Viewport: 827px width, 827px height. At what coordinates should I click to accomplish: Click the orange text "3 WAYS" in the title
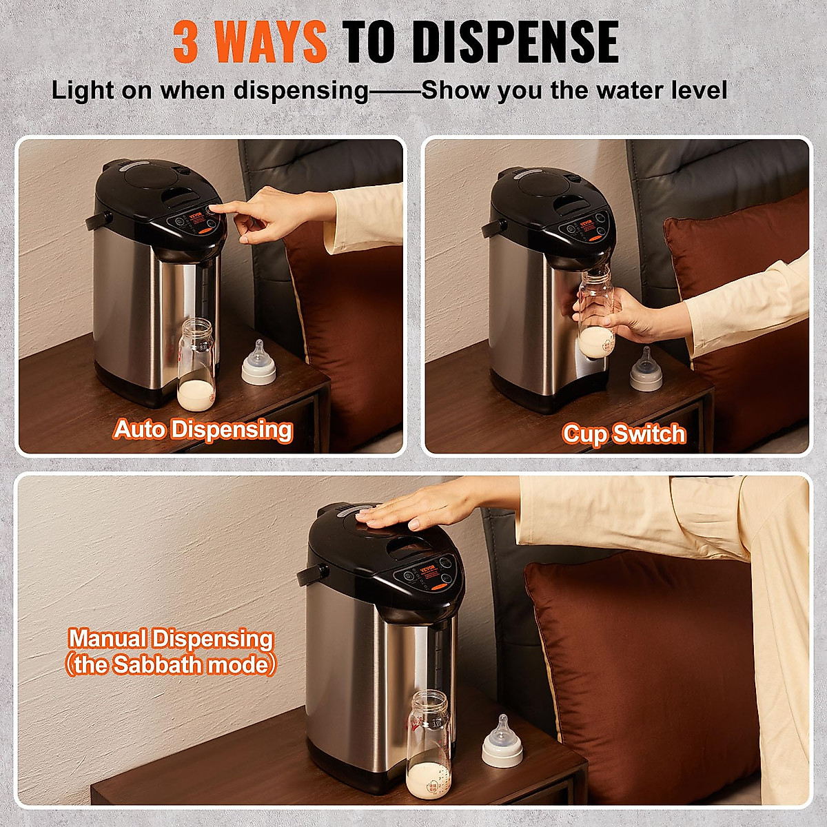click(249, 41)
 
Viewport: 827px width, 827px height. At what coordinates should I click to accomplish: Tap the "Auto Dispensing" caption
click(203, 429)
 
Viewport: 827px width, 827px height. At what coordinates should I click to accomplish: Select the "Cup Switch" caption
click(624, 433)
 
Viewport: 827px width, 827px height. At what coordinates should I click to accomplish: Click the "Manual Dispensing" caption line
click(170, 639)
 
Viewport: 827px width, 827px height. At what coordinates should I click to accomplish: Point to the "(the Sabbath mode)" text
click(170, 665)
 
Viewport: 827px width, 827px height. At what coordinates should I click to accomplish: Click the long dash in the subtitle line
click(395, 91)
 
